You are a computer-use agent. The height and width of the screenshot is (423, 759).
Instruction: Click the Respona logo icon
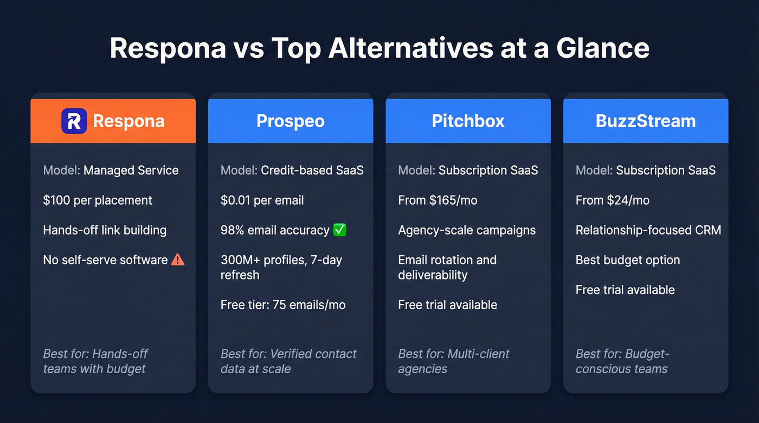[74, 121]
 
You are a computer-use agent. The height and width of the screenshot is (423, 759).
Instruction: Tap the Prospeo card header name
[290, 121]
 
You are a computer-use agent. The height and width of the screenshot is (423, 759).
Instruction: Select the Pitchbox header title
[468, 121]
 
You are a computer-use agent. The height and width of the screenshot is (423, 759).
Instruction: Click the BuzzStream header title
[645, 121]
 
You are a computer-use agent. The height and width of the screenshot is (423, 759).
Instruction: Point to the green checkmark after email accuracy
[340, 230]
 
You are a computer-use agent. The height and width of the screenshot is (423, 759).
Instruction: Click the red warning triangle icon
[178, 260]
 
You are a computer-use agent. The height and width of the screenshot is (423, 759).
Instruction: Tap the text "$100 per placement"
[98, 200]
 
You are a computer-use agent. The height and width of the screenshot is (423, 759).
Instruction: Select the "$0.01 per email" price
[262, 200]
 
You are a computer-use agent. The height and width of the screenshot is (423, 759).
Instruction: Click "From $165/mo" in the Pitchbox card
[438, 200]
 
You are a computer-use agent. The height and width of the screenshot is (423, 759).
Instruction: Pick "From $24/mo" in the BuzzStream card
[612, 200]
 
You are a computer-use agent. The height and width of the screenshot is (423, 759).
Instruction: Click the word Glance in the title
[602, 48]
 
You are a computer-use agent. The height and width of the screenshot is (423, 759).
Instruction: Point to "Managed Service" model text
[131, 171]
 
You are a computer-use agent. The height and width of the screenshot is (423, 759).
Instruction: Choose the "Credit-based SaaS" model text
[312, 171]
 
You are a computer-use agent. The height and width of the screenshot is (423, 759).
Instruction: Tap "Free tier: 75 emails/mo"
[282, 305]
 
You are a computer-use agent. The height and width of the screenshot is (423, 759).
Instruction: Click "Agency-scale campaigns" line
[466, 230]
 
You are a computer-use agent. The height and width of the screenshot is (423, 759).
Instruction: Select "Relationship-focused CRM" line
[648, 230]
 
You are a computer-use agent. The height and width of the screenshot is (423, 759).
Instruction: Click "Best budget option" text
[627, 260]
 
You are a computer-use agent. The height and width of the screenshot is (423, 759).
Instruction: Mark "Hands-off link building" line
[105, 230]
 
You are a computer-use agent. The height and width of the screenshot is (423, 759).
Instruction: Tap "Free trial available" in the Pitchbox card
[447, 305]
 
